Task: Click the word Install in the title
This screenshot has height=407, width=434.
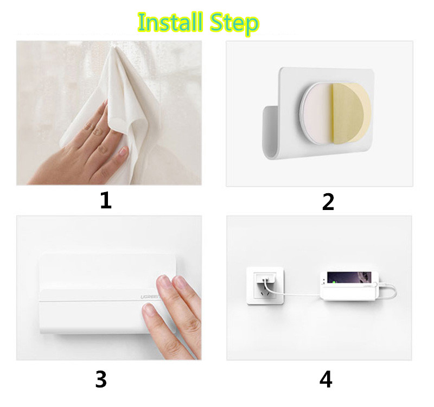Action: (x=170, y=22)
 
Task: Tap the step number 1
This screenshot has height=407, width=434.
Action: (x=106, y=200)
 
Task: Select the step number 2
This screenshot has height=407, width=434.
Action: (x=328, y=202)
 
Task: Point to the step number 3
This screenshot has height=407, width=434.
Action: (x=101, y=379)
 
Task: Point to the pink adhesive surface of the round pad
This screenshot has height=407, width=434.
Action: (x=317, y=113)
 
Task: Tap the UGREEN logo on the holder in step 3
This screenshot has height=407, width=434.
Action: (x=150, y=297)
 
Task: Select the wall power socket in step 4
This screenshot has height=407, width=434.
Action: (x=265, y=285)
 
